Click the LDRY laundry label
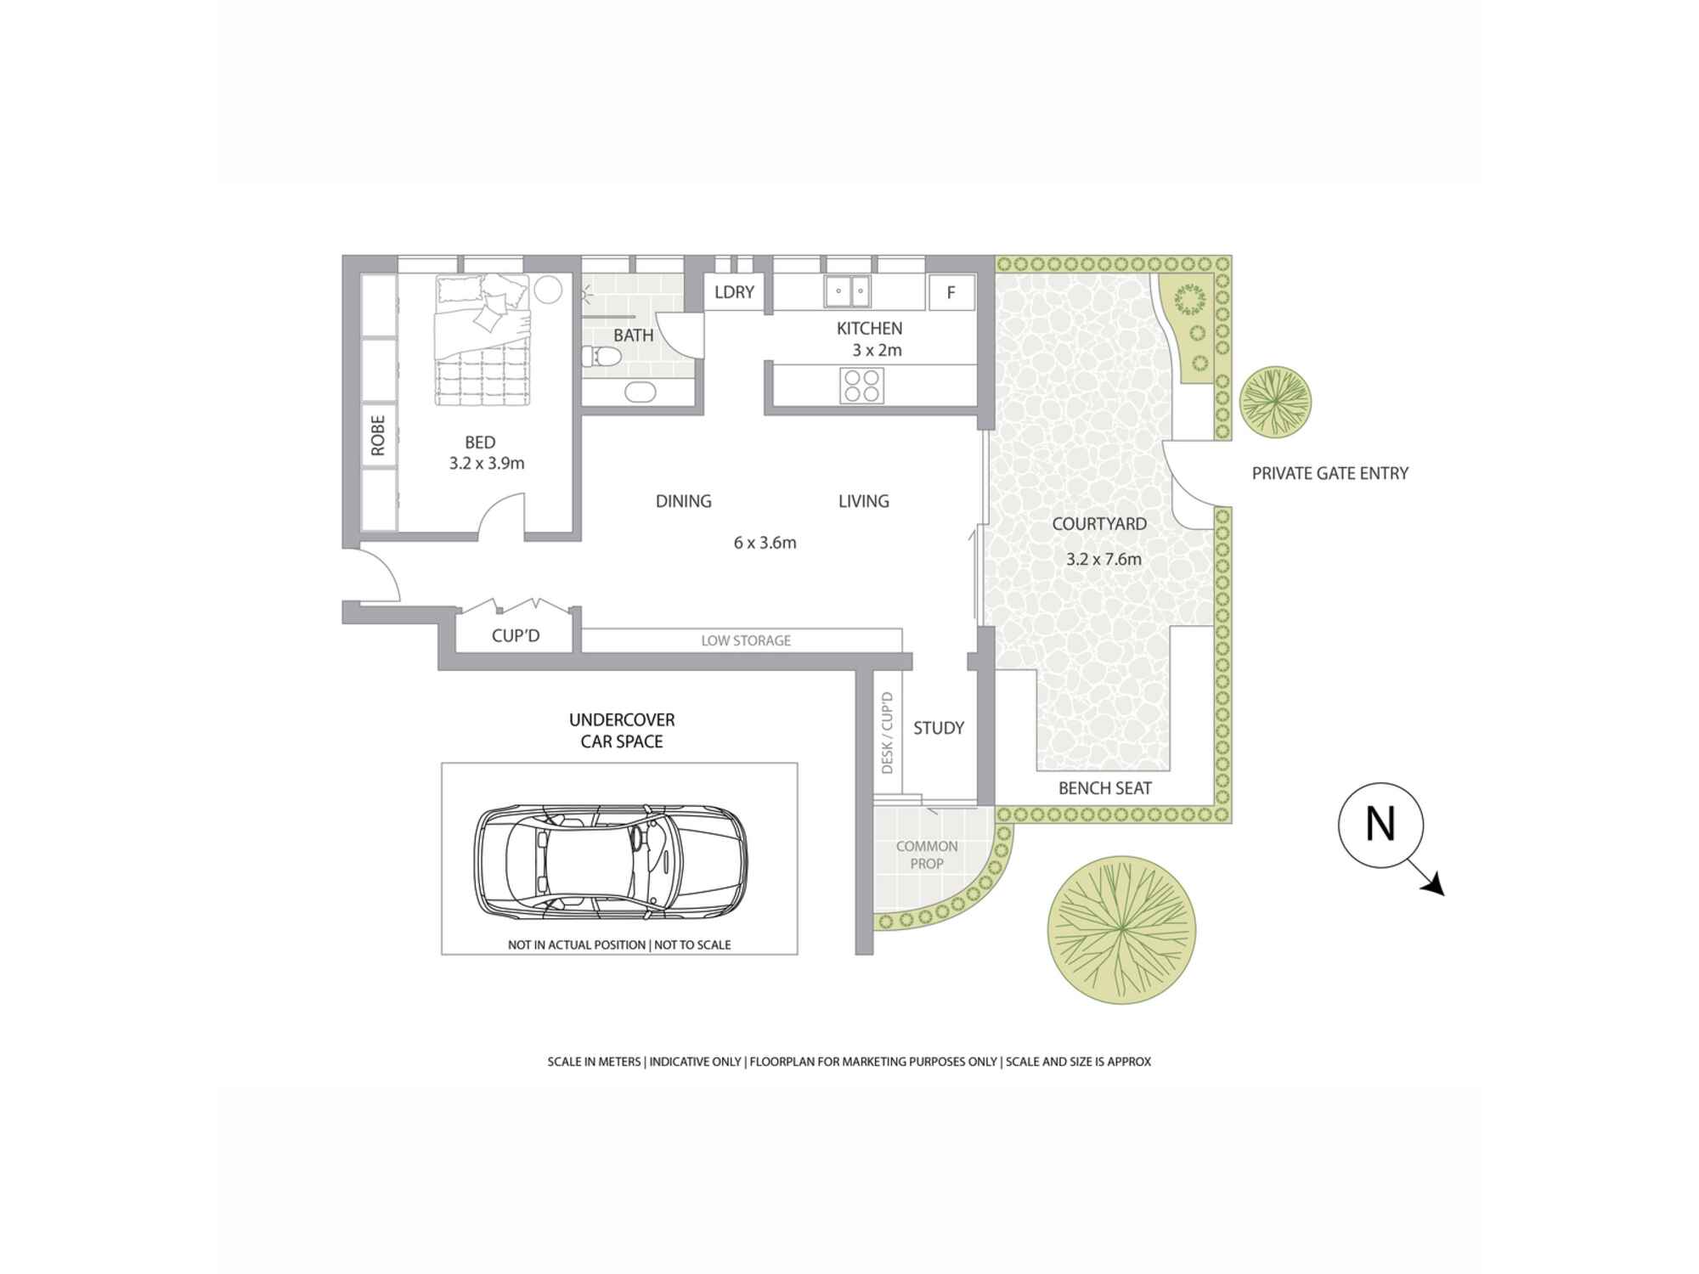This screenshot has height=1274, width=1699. (x=734, y=292)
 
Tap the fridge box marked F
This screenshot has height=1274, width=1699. (x=951, y=293)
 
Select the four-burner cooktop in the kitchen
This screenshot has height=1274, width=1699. (x=861, y=386)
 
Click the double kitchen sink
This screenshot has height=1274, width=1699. (x=848, y=290)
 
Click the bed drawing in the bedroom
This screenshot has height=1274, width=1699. (x=483, y=340)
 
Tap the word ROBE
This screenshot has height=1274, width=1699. (x=378, y=435)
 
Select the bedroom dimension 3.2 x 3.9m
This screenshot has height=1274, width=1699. (x=487, y=464)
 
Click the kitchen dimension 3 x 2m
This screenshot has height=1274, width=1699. (x=877, y=350)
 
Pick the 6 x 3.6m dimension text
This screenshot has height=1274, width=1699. (x=765, y=543)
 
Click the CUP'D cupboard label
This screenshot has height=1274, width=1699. (x=516, y=636)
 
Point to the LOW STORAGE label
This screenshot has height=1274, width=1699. (x=746, y=640)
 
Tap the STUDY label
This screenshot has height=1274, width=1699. (x=939, y=728)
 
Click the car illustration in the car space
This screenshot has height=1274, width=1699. (x=611, y=860)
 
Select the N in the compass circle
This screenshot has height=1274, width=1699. (x=1380, y=824)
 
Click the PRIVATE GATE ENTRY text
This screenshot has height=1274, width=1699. (x=1330, y=474)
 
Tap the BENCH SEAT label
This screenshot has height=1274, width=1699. (x=1105, y=788)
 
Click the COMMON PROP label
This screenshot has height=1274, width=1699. (x=927, y=855)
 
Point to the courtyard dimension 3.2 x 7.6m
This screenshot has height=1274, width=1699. (x=1104, y=559)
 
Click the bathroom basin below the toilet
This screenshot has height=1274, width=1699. (x=640, y=392)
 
